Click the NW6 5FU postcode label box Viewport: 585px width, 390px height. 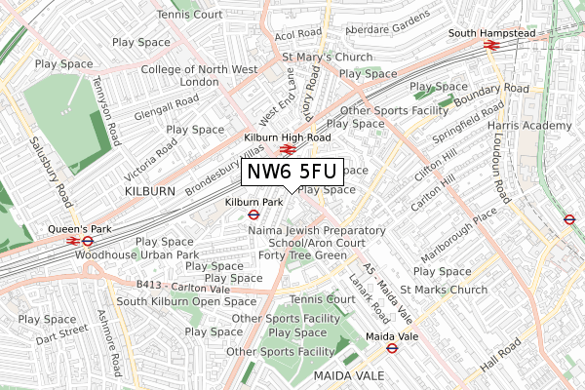pos(292,172)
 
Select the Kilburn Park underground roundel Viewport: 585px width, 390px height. pos(251,216)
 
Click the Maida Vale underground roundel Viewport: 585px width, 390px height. pos(391,348)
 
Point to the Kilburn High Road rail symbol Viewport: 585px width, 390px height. pos(287,150)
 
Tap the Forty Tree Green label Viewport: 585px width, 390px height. pos(303,255)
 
